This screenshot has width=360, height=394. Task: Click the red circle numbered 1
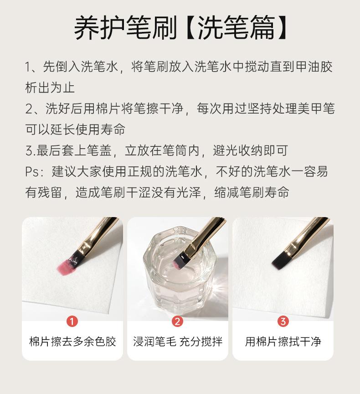pyautogui.click(x=72, y=321)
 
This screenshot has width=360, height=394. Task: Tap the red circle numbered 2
pyautogui.click(x=177, y=321)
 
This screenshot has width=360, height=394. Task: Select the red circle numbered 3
pyautogui.click(x=283, y=321)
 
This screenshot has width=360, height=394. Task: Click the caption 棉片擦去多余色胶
pyautogui.click(x=72, y=342)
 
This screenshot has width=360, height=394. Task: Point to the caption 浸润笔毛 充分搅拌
pyautogui.click(x=178, y=342)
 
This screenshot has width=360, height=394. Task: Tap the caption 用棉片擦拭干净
pyautogui.click(x=283, y=342)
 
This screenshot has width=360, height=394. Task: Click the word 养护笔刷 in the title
pyautogui.click(x=125, y=28)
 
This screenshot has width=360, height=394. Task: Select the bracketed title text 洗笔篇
pyautogui.click(x=236, y=28)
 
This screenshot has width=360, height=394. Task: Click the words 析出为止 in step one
pyautogui.click(x=50, y=88)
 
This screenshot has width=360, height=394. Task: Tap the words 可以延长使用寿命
pyautogui.click(x=75, y=130)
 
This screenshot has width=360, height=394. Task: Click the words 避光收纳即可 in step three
pyautogui.click(x=250, y=151)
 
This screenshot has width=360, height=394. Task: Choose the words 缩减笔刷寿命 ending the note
pyautogui.click(x=252, y=193)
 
